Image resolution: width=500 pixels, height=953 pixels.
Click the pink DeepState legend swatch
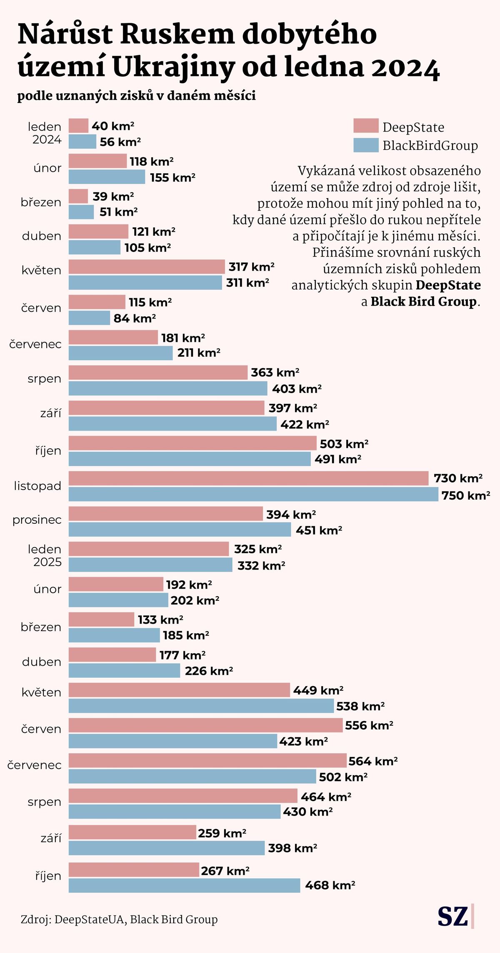pyautogui.click(x=366, y=126)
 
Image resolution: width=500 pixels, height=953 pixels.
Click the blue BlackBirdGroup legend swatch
pyautogui.click(x=366, y=145)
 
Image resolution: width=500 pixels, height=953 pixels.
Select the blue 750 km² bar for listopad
pyautogui.click(x=253, y=495)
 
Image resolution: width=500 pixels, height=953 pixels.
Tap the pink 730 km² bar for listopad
pyautogui.click(x=248, y=478)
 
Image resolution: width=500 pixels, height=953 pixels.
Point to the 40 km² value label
pyautogui.click(x=113, y=126)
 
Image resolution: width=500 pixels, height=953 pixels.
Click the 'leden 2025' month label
pyautogui.click(x=45, y=555)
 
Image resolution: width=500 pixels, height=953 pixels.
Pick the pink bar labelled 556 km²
pyautogui.click(x=205, y=725)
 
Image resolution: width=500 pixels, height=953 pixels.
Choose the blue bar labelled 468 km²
pyautogui.click(x=184, y=886)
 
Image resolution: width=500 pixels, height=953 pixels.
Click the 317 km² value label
pyautogui.click(x=251, y=267)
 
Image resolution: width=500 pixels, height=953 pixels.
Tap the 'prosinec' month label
pyautogui.click(x=37, y=520)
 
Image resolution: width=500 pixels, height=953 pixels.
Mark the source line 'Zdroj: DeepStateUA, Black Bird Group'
pyautogui.click(x=119, y=919)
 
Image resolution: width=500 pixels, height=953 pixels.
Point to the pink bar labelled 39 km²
pyautogui.click(x=78, y=196)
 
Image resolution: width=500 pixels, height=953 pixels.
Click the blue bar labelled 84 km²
pyautogui.click(x=89, y=318)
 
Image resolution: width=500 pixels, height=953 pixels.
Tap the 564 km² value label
pyautogui.click(x=373, y=761)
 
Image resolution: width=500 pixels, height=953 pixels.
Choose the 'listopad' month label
pyautogui.click(x=37, y=486)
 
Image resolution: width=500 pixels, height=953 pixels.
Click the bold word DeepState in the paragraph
pyautogui.click(x=448, y=285)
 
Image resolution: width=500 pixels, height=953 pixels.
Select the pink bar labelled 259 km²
pyautogui.click(x=132, y=833)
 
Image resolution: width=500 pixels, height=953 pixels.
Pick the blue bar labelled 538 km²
pyautogui.click(x=201, y=706)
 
